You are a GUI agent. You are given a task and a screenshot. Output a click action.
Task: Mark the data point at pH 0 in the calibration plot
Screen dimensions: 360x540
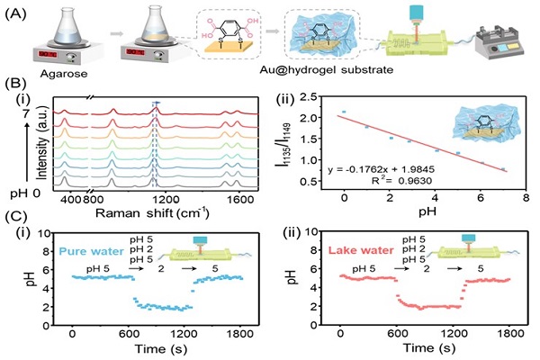(344, 112)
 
